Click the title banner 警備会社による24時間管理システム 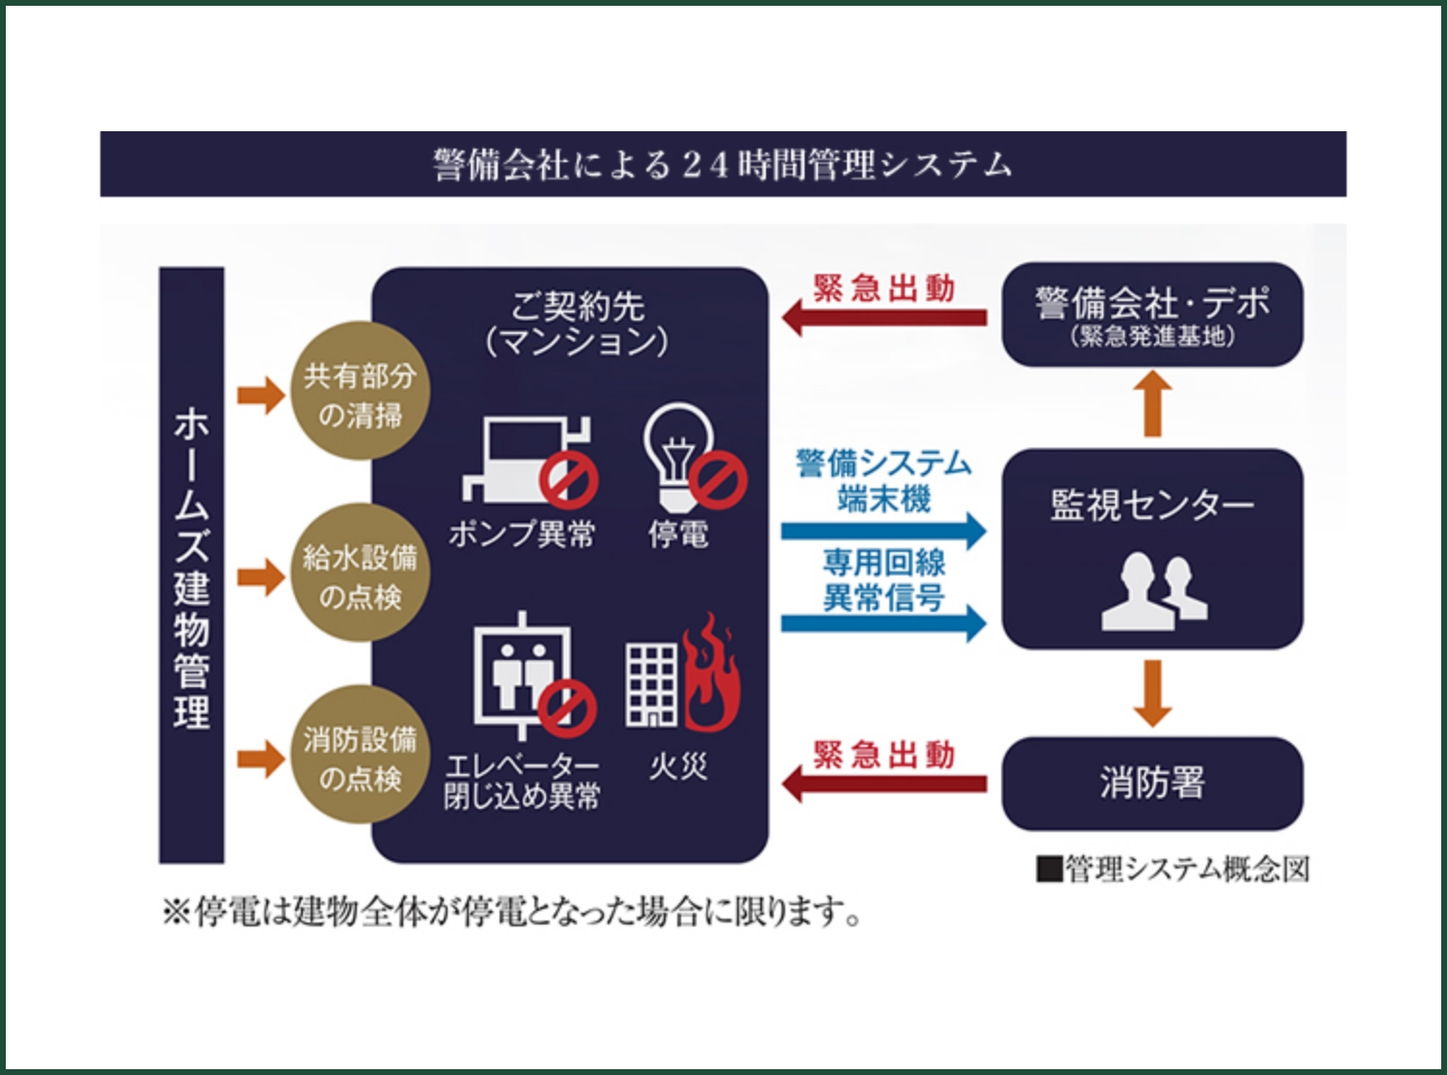click(x=723, y=164)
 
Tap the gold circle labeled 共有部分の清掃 click(x=360, y=395)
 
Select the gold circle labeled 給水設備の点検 click(x=360, y=576)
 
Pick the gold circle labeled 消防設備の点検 click(x=360, y=758)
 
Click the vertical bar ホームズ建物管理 click(x=192, y=565)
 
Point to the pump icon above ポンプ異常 click(x=526, y=459)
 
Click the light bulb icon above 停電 click(x=681, y=454)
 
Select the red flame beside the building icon click(x=711, y=675)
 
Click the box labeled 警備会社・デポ click(x=1152, y=315)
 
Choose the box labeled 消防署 click(x=1152, y=783)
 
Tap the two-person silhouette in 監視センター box click(x=1154, y=591)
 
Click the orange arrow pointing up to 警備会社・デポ click(x=1152, y=404)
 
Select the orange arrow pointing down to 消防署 click(x=1152, y=693)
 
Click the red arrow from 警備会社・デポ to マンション click(x=884, y=317)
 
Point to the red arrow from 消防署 click(x=884, y=783)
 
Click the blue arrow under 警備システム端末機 click(x=884, y=531)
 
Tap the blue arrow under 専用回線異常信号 click(x=884, y=623)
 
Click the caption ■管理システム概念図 click(x=1173, y=869)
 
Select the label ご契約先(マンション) click(x=577, y=323)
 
